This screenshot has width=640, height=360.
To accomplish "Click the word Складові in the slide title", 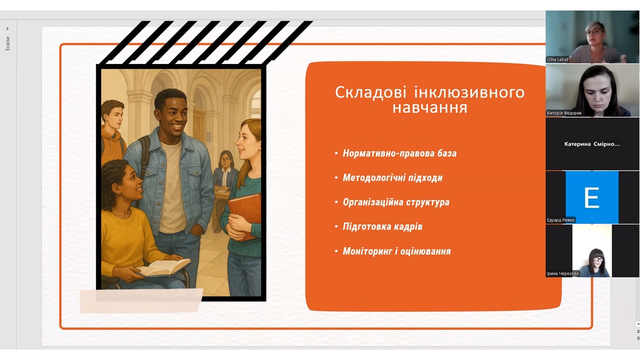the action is click(x=370, y=92).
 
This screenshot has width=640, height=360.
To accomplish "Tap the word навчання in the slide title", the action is click(x=429, y=108).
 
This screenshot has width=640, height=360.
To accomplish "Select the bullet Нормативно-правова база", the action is click(x=399, y=153).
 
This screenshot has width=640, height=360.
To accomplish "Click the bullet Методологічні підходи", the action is click(x=392, y=177).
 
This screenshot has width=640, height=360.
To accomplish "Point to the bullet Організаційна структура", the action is click(x=396, y=202).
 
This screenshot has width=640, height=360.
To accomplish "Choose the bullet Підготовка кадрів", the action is click(x=382, y=226).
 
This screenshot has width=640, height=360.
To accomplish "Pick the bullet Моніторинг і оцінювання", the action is click(x=397, y=251).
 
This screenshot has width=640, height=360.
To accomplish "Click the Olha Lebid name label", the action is click(x=557, y=59).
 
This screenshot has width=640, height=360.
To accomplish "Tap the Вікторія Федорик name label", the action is click(x=564, y=113).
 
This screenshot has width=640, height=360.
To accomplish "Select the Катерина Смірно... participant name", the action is click(x=592, y=144).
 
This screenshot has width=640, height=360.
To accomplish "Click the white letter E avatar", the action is click(x=591, y=197).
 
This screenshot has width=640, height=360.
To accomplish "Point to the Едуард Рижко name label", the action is click(x=560, y=220).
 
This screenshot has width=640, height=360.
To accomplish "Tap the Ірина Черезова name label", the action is click(x=562, y=273).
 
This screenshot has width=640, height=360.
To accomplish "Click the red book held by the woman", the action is click(x=244, y=214).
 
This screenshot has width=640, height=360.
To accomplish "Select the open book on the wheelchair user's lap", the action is click(x=164, y=267).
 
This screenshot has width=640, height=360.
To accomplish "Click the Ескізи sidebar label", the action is click(x=7, y=43).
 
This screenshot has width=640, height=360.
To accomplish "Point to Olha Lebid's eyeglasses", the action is click(x=593, y=32).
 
